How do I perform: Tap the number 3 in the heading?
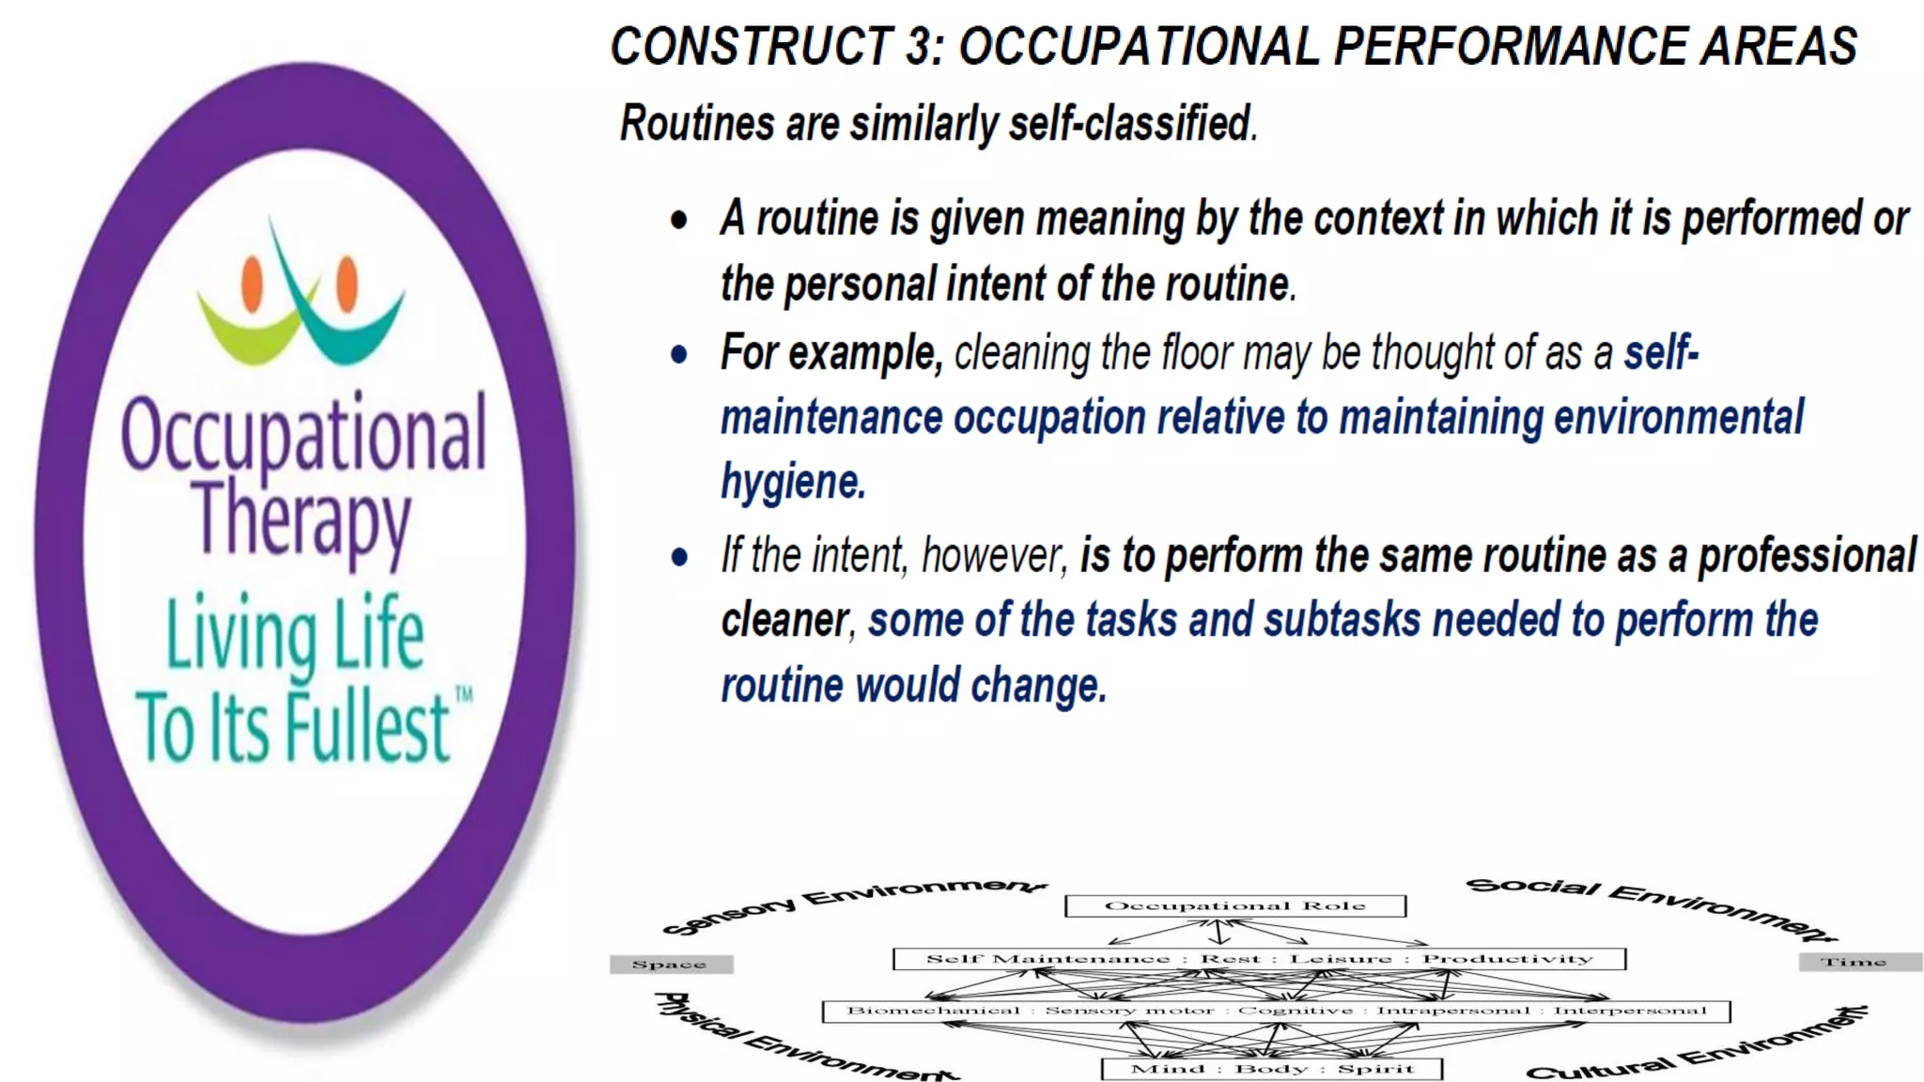point(921,46)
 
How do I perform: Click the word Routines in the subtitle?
point(696,123)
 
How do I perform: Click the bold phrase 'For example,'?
point(830,353)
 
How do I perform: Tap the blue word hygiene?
point(792,482)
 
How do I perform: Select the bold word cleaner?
point(784,621)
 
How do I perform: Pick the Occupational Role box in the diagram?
point(1234,905)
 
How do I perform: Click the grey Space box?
point(670,964)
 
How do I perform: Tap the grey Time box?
point(1854,962)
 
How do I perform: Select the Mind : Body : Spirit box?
point(1271,1069)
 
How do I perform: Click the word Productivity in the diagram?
point(1508,959)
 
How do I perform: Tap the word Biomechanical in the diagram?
point(933,1011)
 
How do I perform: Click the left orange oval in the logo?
point(252,284)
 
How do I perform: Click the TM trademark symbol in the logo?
point(464,695)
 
